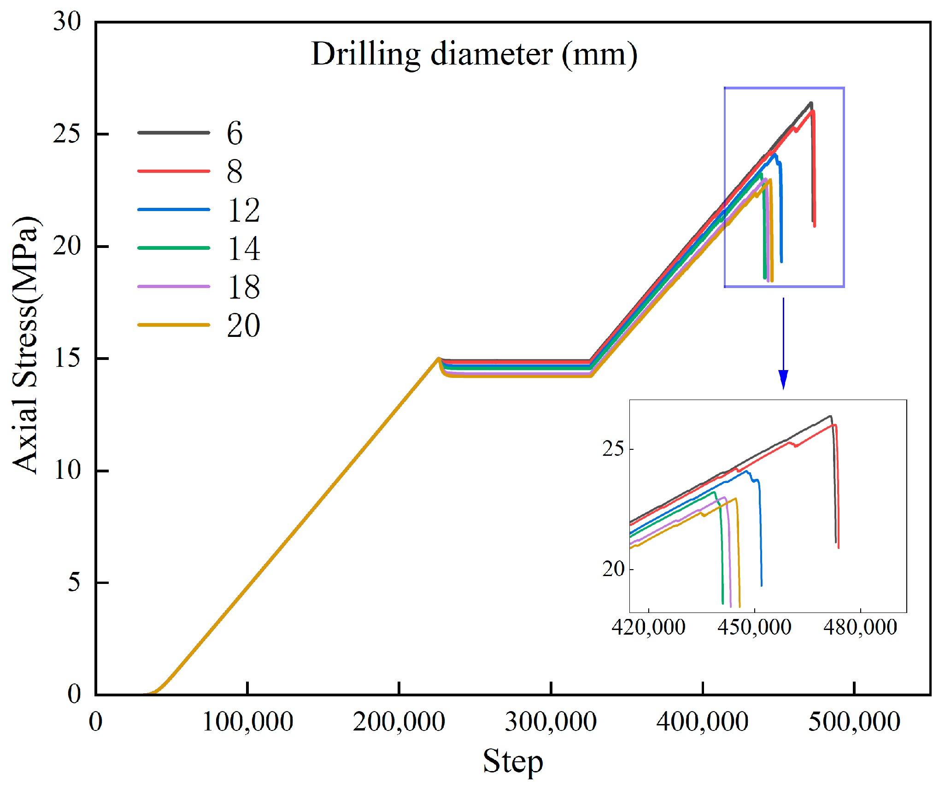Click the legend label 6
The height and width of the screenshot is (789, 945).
click(234, 134)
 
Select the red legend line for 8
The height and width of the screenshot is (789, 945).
click(174, 171)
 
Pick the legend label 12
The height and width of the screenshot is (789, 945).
click(243, 211)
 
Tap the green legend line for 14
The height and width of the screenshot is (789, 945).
click(174, 248)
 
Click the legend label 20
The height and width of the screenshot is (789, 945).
click(243, 326)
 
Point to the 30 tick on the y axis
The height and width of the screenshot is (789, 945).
click(67, 22)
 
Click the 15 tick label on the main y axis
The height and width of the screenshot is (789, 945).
click(67, 358)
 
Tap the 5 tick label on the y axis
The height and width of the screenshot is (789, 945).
click(74, 582)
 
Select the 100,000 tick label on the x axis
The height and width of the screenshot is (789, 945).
click(247, 722)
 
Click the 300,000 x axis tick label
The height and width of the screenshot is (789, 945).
click(551, 722)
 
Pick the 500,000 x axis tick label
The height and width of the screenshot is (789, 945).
click(854, 722)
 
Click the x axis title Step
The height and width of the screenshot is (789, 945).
click(513, 761)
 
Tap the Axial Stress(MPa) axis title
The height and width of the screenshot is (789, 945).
click(25, 345)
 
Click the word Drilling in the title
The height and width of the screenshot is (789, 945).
click(366, 55)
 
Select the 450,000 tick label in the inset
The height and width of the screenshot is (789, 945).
click(754, 628)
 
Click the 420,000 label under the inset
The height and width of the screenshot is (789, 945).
click(648, 628)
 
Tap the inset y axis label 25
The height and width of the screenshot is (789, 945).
click(613, 449)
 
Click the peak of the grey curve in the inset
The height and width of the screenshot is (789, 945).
click(830, 416)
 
